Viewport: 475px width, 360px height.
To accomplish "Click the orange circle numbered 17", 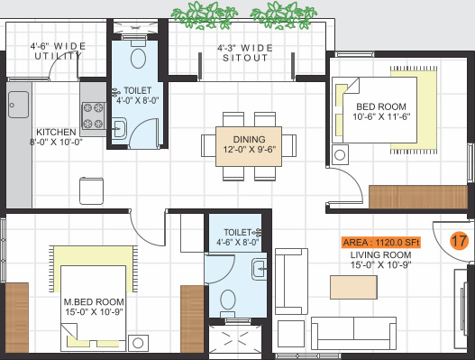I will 458,242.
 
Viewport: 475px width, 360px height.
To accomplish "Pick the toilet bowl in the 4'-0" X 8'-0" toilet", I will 136,60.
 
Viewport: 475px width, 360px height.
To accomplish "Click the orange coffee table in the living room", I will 353,286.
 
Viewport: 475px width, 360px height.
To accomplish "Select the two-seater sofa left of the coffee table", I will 291,283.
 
